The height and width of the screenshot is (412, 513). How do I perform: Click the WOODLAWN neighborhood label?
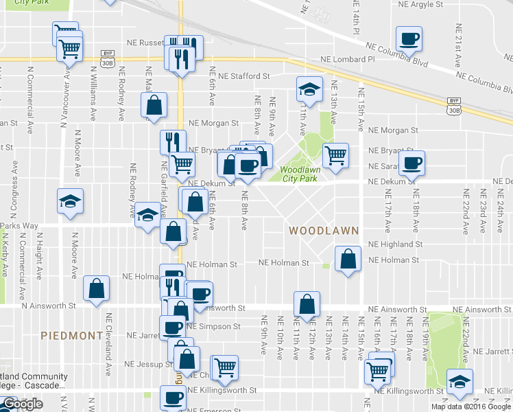coord(324,231)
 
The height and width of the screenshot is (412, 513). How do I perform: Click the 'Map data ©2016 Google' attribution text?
coord(470,407)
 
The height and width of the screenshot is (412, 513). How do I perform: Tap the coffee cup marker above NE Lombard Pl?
coord(409,38)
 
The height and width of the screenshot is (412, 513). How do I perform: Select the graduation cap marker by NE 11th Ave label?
coord(309,89)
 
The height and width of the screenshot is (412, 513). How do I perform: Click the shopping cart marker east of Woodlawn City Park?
coord(335,156)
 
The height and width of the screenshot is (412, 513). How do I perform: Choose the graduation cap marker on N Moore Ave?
coord(70,201)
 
